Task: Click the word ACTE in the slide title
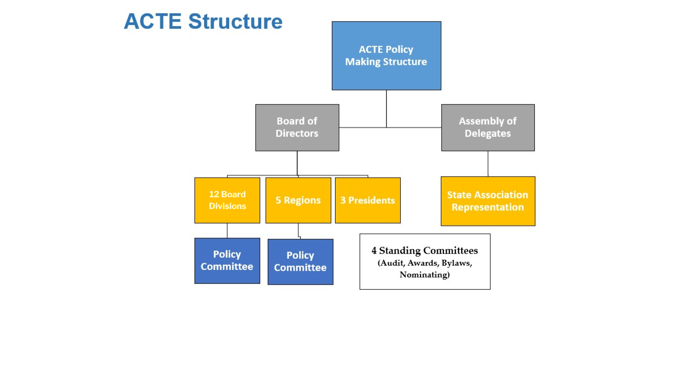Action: coord(153,21)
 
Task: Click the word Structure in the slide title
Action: coord(236,21)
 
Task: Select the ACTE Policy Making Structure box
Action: coord(386,56)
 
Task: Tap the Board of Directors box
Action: coord(297,128)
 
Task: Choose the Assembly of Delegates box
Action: coord(488,128)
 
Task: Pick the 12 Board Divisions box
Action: coord(227,201)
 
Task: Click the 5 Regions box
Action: coord(298,201)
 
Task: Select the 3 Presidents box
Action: coord(368,201)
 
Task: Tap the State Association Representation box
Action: coord(488,201)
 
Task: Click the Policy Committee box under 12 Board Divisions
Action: coord(227,261)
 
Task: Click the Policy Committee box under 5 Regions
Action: coord(300,262)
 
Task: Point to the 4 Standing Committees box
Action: coord(425,261)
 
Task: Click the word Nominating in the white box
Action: coord(424,275)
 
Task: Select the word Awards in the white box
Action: coord(422,263)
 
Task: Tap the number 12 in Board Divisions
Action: coord(214,194)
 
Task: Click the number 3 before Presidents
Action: coord(343,201)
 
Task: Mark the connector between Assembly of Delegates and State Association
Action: coord(488,164)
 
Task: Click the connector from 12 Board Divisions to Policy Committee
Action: coord(227,230)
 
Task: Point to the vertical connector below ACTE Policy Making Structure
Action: coord(386,109)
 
